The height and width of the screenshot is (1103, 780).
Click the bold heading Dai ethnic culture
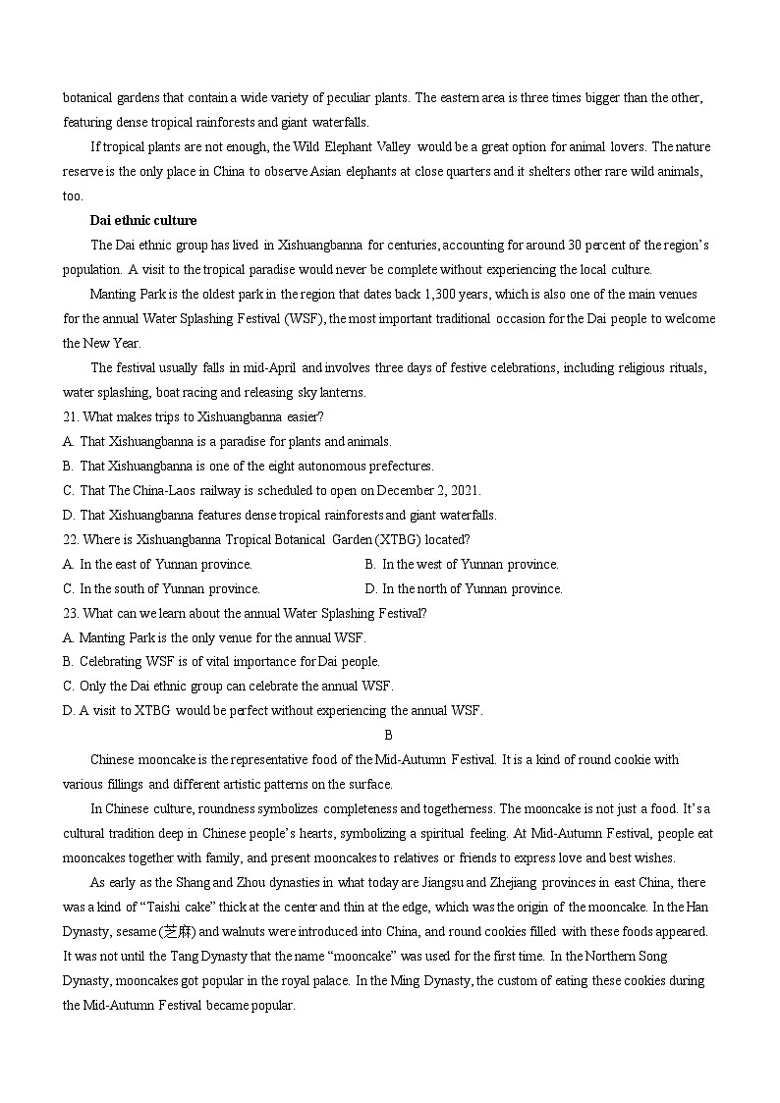tap(143, 220)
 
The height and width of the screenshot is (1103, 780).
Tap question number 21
tap(70, 416)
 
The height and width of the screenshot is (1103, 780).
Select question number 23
tap(70, 613)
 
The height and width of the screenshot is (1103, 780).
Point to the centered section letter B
tap(388, 735)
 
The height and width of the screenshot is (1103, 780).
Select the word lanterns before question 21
tap(340, 392)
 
